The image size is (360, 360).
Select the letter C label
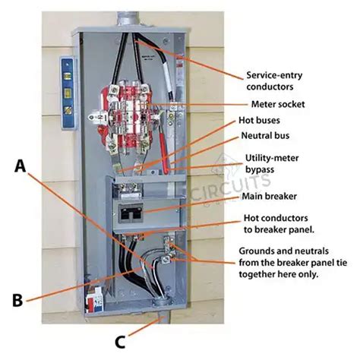click(120, 341)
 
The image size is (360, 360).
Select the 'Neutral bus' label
click(267, 136)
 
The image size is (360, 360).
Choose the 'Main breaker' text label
click(269, 195)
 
